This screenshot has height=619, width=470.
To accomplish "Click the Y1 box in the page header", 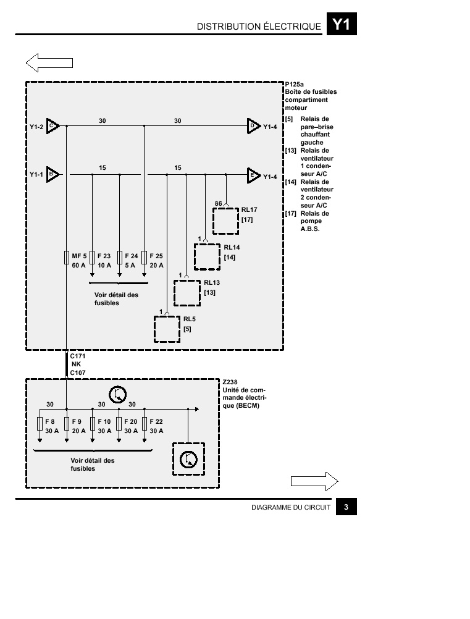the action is click(342, 24).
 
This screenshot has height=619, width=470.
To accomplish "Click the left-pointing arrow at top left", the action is click(49, 63).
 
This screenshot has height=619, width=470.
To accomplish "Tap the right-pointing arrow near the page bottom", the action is click(314, 481).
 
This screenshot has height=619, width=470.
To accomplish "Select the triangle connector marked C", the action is click(52, 126).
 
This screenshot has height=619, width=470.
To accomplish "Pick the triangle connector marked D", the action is click(254, 126).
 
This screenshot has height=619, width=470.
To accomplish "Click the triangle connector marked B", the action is click(52, 174).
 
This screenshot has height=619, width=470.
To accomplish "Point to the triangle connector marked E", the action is click(254, 175).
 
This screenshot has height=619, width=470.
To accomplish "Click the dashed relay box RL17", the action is click(225, 221).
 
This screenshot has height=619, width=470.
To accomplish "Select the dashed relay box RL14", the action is click(207, 257).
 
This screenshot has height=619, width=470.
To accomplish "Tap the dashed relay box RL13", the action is click(187, 293).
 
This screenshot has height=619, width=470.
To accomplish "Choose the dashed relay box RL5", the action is click(167, 329).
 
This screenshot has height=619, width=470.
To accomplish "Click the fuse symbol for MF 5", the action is click(67, 258).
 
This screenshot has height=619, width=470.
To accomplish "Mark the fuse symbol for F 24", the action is click(120, 258).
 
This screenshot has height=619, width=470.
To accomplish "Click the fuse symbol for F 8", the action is click(40, 424).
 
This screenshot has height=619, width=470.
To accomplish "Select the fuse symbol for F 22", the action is click(145, 424).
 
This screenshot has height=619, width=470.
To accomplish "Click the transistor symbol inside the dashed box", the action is click(188, 459).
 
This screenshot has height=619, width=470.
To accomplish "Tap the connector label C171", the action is click(78, 356).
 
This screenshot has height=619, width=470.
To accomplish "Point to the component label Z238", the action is click(230, 382).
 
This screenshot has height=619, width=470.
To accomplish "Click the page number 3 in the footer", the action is click(346, 507).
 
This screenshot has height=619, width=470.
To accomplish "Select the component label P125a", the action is click(295, 84).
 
